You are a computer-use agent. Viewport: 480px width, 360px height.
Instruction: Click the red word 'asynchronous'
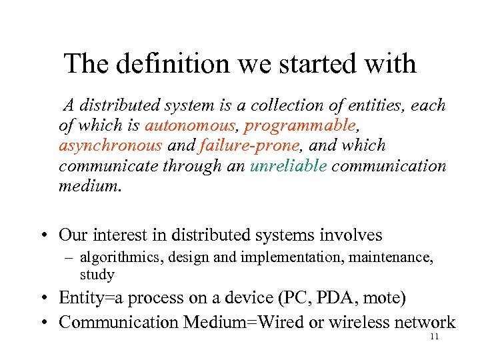click(x=110, y=145)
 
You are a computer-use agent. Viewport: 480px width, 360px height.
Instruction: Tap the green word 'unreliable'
click(x=288, y=166)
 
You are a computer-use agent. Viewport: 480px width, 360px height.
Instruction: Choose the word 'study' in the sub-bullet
click(x=97, y=275)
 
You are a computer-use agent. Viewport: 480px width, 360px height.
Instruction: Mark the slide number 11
click(x=434, y=337)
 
